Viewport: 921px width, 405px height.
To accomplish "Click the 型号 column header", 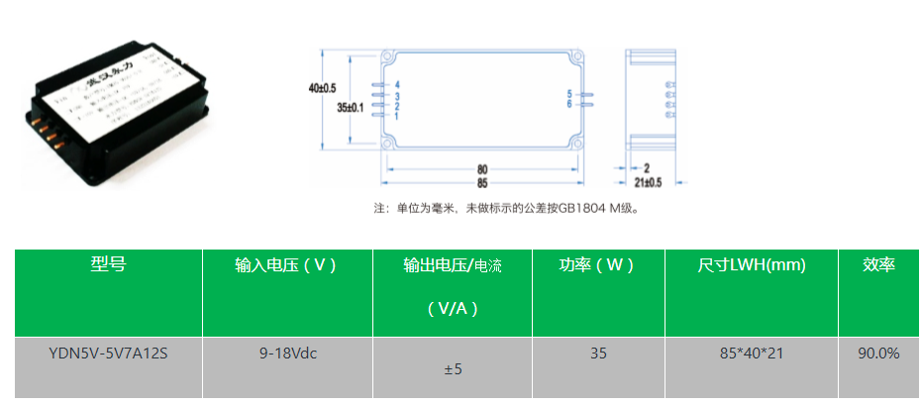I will click(x=108, y=264).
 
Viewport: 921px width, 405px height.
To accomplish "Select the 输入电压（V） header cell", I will click(x=286, y=265).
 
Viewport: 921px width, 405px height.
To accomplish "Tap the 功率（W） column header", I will click(x=597, y=265).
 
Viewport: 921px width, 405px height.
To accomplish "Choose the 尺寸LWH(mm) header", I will click(x=752, y=265).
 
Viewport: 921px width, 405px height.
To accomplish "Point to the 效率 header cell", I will click(x=878, y=265).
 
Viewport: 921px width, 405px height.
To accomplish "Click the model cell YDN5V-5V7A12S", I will click(x=108, y=353).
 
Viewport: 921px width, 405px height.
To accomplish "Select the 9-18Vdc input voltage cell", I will click(x=287, y=353).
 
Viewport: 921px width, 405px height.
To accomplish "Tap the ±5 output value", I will click(x=453, y=369).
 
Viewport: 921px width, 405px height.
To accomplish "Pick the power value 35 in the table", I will click(x=597, y=353).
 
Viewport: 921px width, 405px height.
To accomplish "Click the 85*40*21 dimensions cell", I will click(x=752, y=353).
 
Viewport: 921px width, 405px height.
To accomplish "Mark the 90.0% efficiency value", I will click(x=878, y=353).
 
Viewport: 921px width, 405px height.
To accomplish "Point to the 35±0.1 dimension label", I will click(x=351, y=106).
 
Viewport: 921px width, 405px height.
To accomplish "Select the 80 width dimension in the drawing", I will click(x=481, y=168).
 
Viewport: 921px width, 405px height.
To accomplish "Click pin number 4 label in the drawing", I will click(x=396, y=85).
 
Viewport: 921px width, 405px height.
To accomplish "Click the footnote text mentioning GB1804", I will click(x=505, y=209).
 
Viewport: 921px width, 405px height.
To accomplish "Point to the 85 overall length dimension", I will click(x=481, y=182).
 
